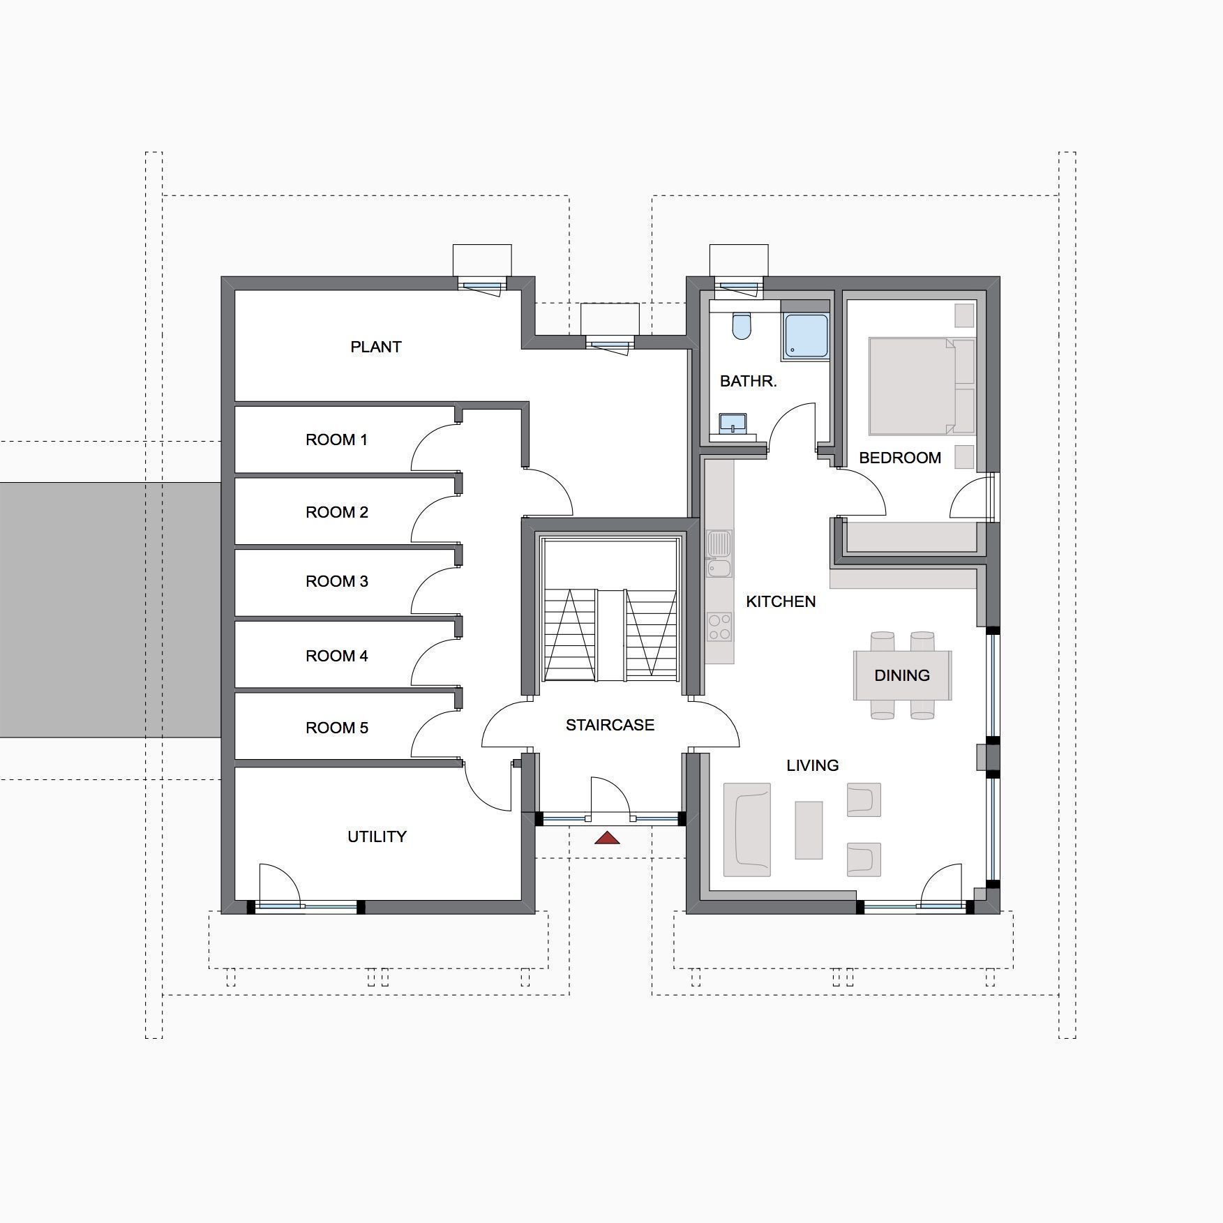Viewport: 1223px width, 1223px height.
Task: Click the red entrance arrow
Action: (x=607, y=837)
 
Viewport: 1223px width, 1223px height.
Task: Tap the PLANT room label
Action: (x=376, y=347)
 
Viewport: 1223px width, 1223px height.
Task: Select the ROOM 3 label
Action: (x=337, y=581)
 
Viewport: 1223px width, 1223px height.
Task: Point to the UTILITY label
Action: (x=377, y=836)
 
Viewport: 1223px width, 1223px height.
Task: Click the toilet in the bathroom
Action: (x=742, y=326)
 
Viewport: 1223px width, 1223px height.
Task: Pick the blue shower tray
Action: (x=806, y=338)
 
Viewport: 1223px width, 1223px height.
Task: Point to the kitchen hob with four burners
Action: (x=719, y=626)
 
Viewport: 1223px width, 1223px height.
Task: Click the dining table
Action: (x=902, y=675)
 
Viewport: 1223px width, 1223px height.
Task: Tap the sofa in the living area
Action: (x=747, y=830)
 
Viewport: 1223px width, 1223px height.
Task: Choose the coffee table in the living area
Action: (x=809, y=830)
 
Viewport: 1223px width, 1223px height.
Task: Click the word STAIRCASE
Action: (x=610, y=725)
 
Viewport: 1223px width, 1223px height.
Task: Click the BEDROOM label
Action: (x=900, y=458)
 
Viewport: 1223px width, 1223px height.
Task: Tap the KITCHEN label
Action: (x=781, y=601)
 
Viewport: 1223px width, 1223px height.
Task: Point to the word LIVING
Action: (x=813, y=765)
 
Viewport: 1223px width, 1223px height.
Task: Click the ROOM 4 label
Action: (x=337, y=656)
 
